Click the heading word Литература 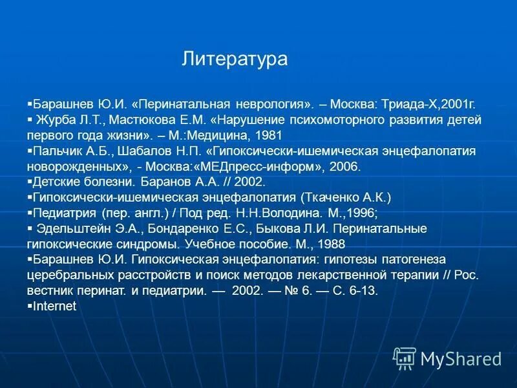pyautogui.click(x=235, y=59)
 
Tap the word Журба pyautogui.click(x=55, y=121)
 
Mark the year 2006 pyautogui.click(x=343, y=166)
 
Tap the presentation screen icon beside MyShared pyautogui.click(x=405, y=358)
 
